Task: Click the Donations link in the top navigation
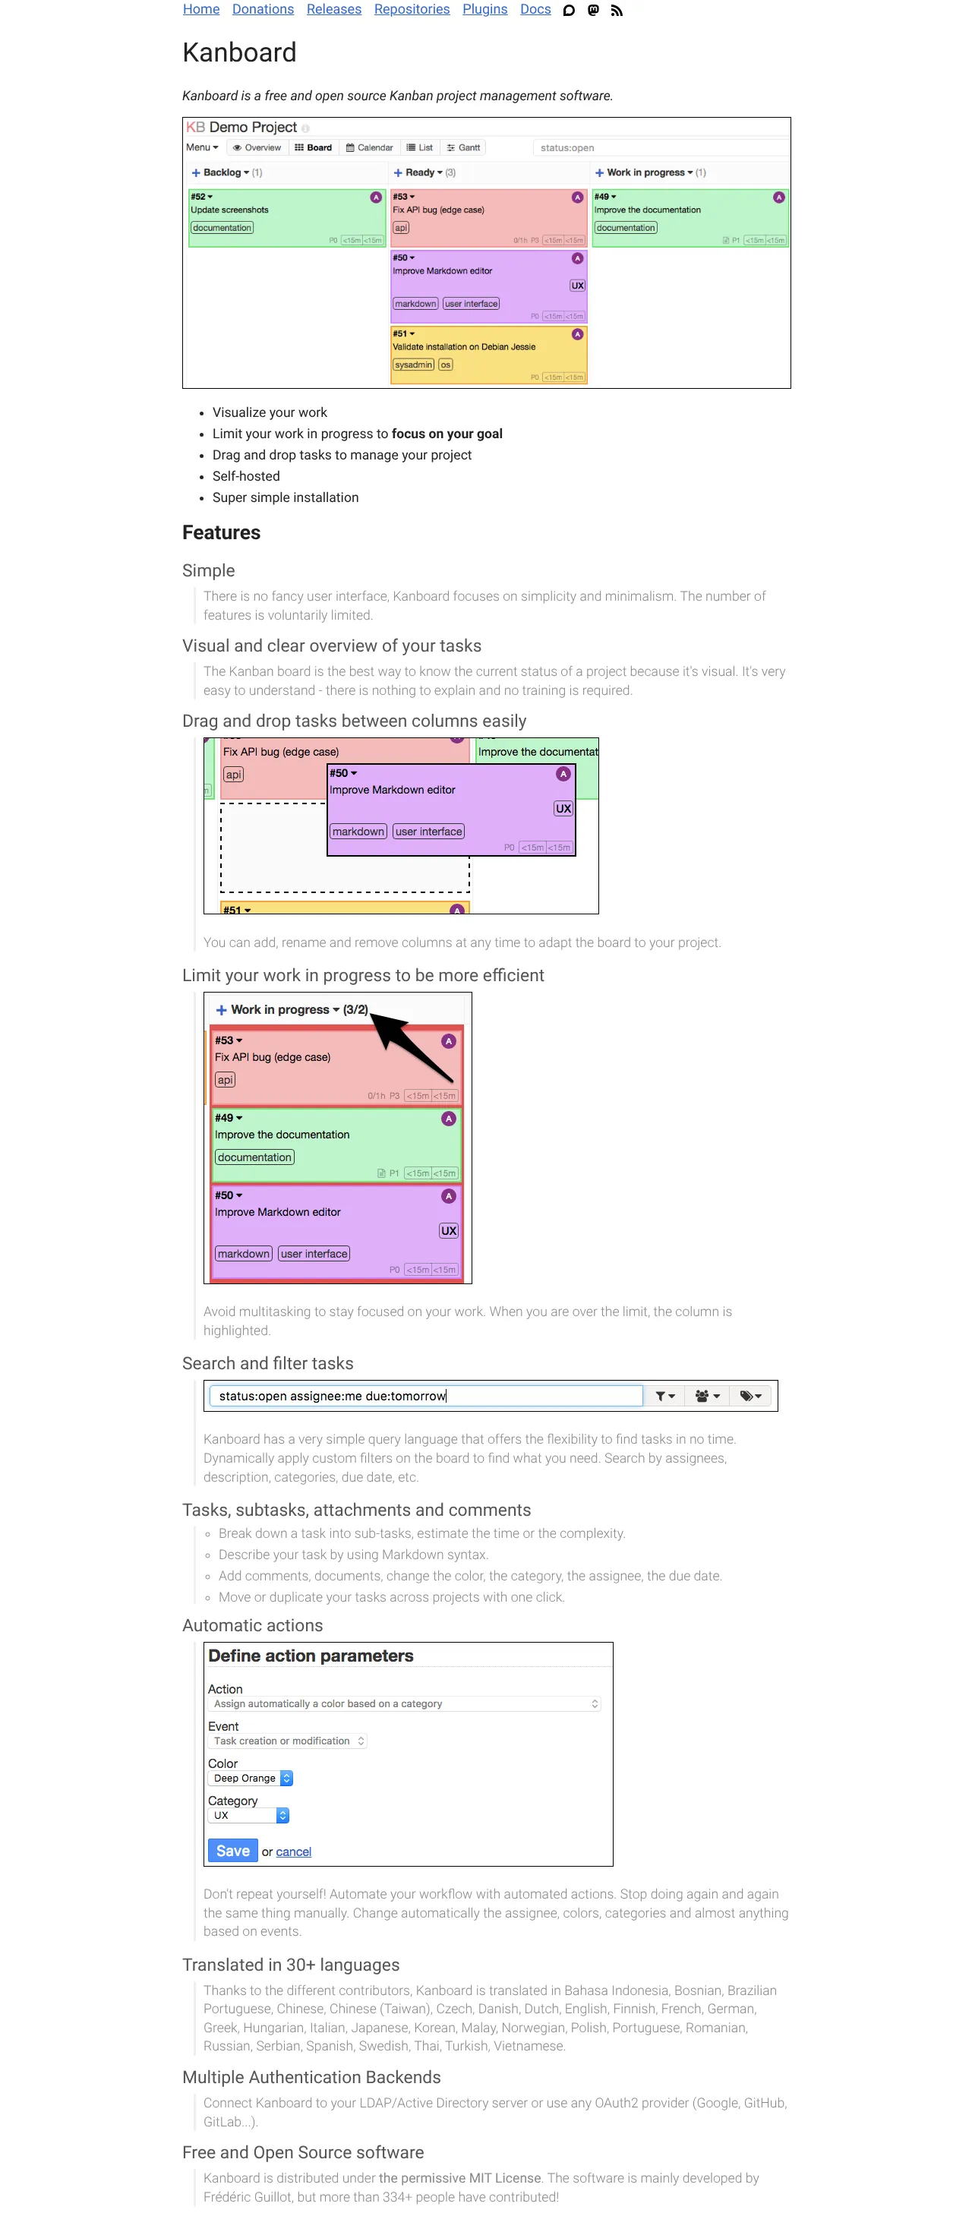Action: [x=262, y=10]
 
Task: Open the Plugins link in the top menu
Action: [x=484, y=10]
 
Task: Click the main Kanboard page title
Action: [x=238, y=52]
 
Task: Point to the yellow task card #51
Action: [x=488, y=354]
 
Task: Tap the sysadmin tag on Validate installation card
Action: [x=413, y=365]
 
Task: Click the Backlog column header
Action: [x=222, y=172]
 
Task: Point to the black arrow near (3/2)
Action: [x=412, y=1046]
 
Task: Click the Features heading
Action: [x=220, y=532]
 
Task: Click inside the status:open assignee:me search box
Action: [x=425, y=1396]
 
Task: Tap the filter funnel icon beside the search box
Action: [x=664, y=1396]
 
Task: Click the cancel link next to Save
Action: [x=293, y=1851]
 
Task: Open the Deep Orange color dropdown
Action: [x=251, y=1778]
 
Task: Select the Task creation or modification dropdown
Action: [x=287, y=1741]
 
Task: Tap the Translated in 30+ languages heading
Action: [x=291, y=1965]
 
